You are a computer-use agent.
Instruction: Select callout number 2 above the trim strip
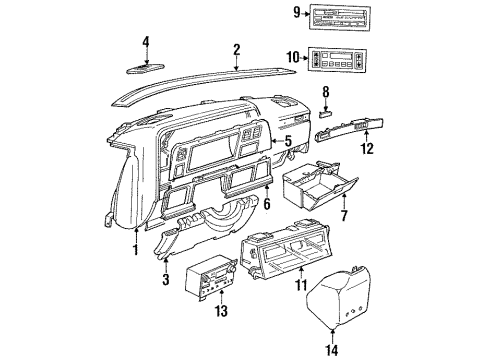[x=236, y=49]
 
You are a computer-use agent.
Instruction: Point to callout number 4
[x=145, y=42]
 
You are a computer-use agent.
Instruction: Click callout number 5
[x=290, y=141]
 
